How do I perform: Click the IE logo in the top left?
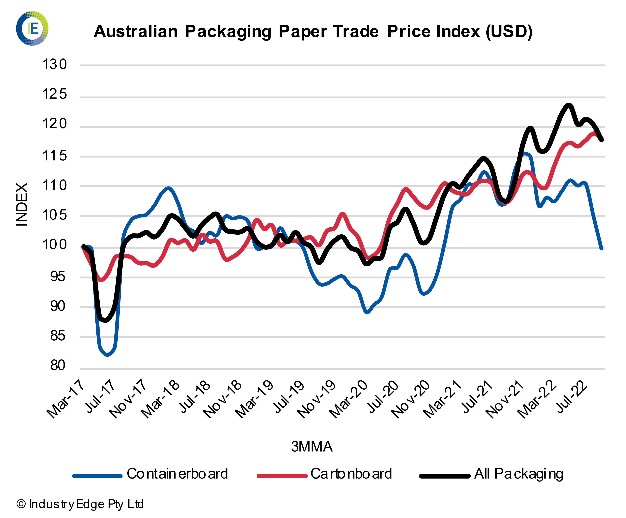click(x=32, y=28)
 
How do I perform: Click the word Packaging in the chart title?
click(x=228, y=31)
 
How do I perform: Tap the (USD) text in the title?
click(x=509, y=31)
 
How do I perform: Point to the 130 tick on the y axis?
click(x=55, y=65)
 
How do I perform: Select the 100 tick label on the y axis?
click(x=55, y=245)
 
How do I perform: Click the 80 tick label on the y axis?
click(x=58, y=365)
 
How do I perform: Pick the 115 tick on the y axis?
click(x=55, y=156)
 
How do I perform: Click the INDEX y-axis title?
click(x=22, y=204)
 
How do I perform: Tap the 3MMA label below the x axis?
click(x=312, y=447)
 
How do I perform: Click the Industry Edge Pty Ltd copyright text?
click(x=80, y=504)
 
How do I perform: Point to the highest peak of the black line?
click(x=569, y=105)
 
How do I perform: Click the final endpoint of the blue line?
click(x=601, y=248)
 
